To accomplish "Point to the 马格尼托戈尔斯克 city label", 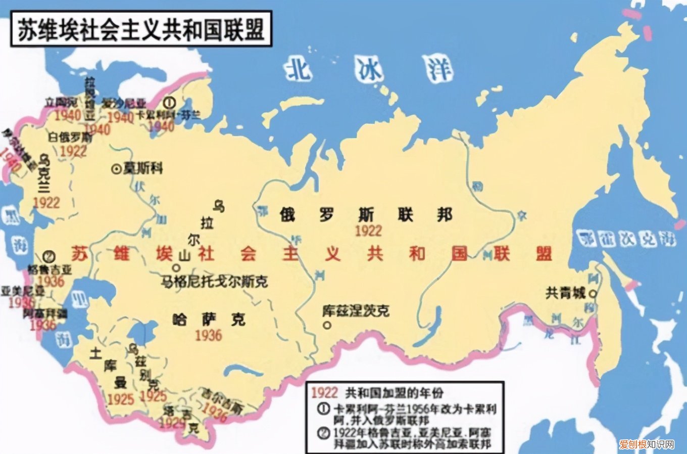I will (x=215, y=282).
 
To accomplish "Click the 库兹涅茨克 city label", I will (x=356, y=310).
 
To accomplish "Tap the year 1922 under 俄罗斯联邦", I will (x=368, y=231).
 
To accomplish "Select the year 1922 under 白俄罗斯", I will (x=73, y=151).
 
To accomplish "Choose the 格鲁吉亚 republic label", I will (x=50, y=269).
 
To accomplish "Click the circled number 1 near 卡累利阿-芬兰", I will (x=170, y=103).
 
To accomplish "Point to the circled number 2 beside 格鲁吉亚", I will (x=50, y=256).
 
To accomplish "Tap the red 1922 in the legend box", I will (x=324, y=392).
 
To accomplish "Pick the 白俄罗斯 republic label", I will (x=70, y=137).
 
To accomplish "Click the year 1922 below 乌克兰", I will (x=46, y=203).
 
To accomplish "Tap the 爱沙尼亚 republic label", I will (x=124, y=103).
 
